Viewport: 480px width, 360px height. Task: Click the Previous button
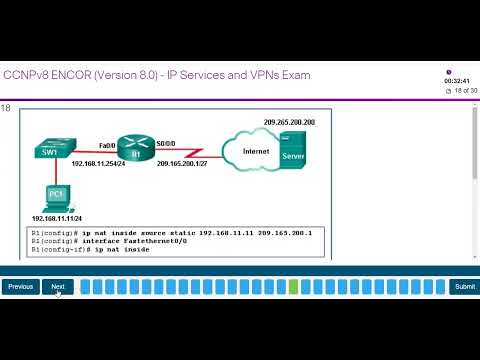pos(21,287)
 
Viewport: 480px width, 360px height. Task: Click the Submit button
pos(463,287)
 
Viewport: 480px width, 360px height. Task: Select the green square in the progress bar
pos(293,287)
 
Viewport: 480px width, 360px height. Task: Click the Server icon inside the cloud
pos(294,156)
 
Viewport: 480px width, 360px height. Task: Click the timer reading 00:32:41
pos(458,82)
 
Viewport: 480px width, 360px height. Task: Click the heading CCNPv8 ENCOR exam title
pos(157,75)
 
